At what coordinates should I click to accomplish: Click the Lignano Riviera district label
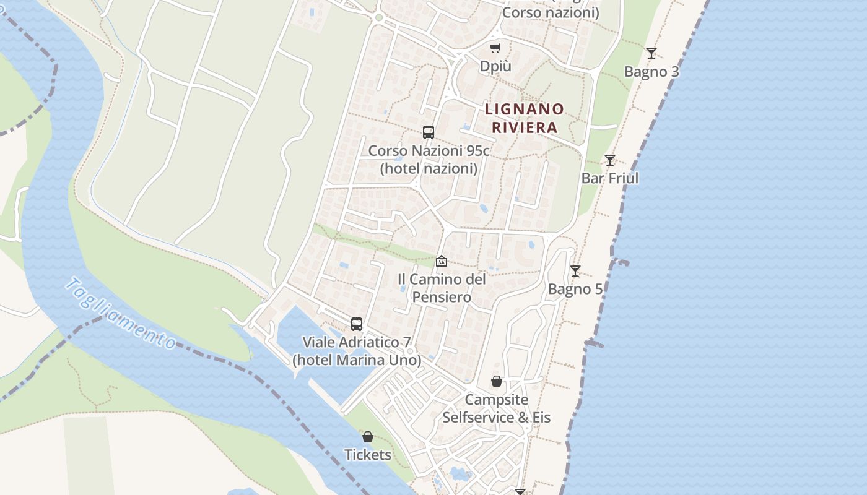click(x=525, y=118)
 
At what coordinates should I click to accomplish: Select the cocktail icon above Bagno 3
click(x=651, y=53)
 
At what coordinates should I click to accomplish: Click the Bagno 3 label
click(x=651, y=72)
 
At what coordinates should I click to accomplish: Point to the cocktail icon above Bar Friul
click(x=610, y=160)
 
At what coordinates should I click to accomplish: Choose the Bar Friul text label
click(x=610, y=178)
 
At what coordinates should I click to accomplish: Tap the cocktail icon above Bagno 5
click(x=575, y=271)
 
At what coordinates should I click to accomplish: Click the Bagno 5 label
click(x=575, y=289)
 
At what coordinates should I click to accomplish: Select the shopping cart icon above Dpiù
click(x=495, y=48)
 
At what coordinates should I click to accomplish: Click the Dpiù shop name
click(x=495, y=66)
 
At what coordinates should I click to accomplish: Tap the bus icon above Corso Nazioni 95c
click(x=429, y=132)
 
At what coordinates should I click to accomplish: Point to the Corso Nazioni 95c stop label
click(x=429, y=159)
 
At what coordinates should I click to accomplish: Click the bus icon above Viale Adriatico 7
click(x=357, y=324)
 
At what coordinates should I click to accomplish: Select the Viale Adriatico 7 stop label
click(x=357, y=351)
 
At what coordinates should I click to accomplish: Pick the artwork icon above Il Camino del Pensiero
click(x=442, y=261)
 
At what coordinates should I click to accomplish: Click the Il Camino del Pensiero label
click(x=442, y=288)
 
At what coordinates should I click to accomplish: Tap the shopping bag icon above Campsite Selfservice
click(x=497, y=381)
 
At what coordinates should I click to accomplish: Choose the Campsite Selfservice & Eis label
click(x=497, y=408)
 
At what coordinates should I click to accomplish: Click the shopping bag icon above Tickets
click(x=368, y=437)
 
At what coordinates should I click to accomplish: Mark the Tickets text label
click(x=368, y=455)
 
